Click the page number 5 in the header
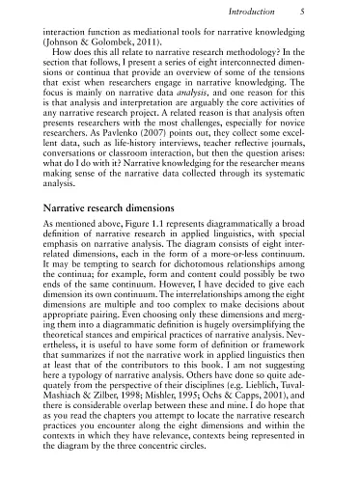pos(302,13)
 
